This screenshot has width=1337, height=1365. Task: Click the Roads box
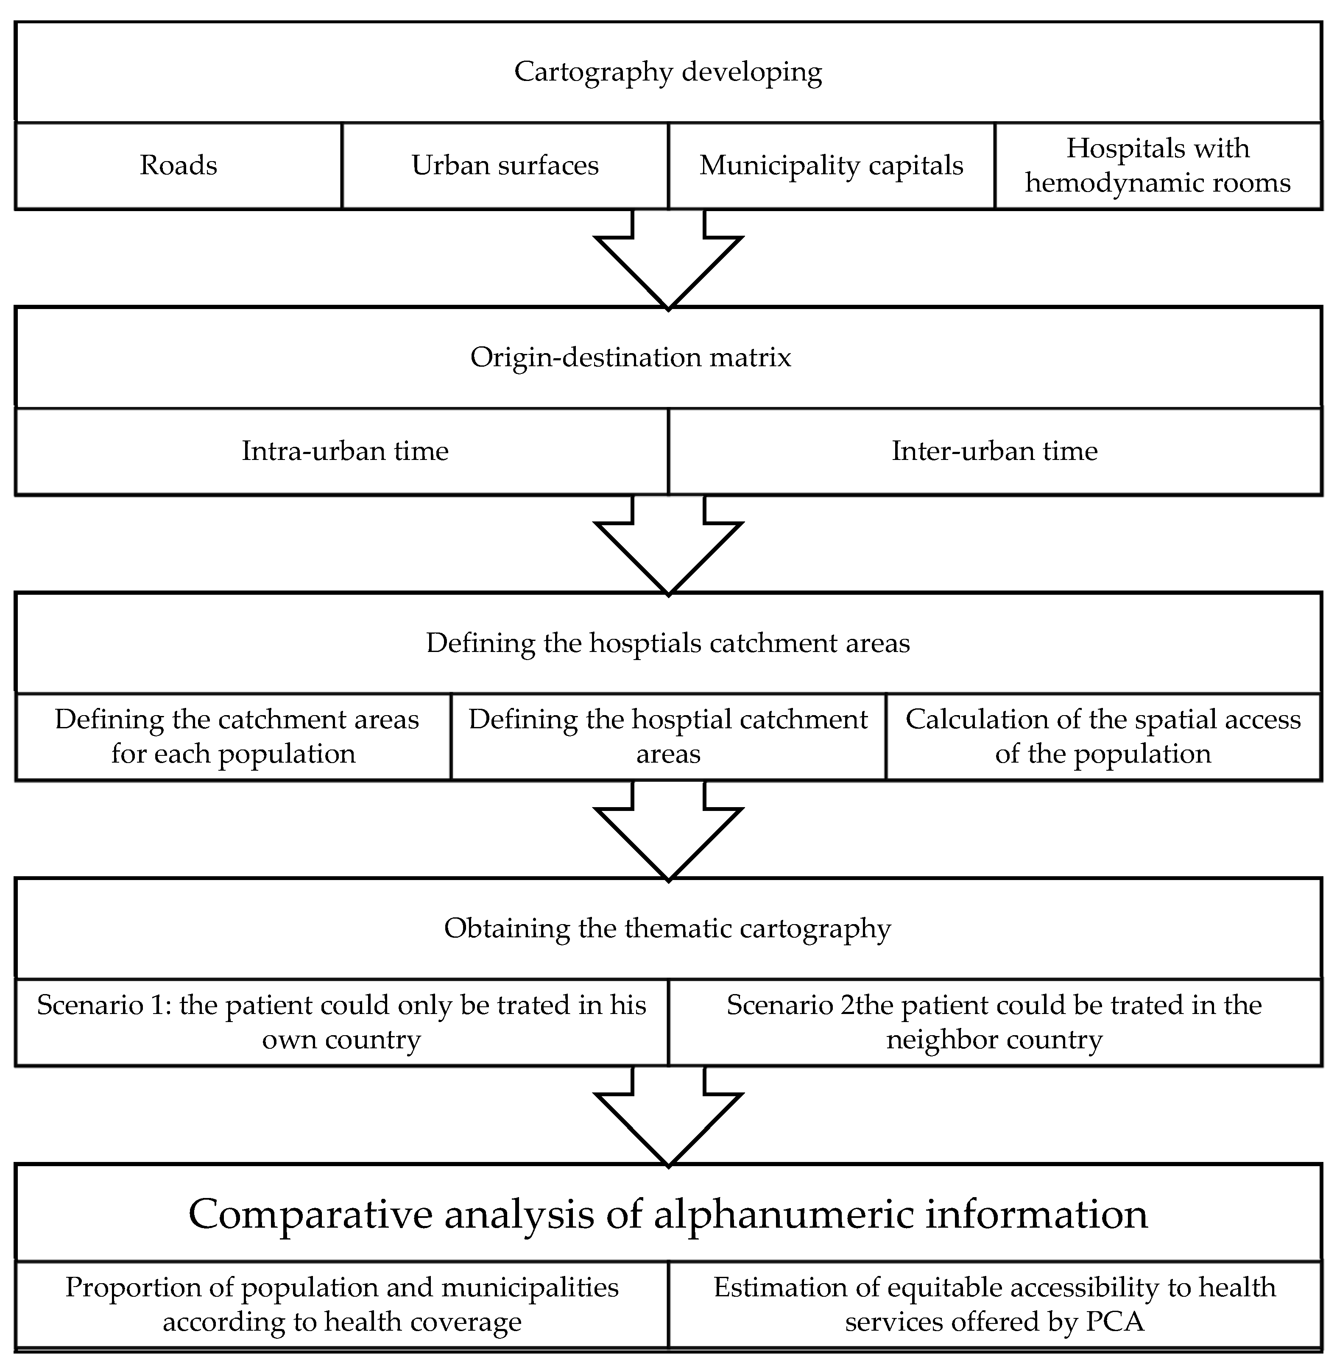pyautogui.click(x=179, y=166)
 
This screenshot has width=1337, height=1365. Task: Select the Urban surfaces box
pyautogui.click(x=505, y=166)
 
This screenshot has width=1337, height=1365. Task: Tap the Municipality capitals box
pyautogui.click(x=832, y=166)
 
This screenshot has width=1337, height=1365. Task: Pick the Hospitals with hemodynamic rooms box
pyautogui.click(x=1158, y=166)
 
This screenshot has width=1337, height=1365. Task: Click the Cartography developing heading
pyautogui.click(x=668, y=72)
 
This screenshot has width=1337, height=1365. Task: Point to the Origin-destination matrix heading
pyautogui.click(x=631, y=357)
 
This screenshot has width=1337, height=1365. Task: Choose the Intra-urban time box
pyautogui.click(x=345, y=451)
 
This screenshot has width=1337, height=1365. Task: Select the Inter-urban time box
pyautogui.click(x=994, y=451)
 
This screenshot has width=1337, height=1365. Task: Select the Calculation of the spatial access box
pyautogui.click(x=1103, y=737)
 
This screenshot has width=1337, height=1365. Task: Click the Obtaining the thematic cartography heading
pyautogui.click(x=668, y=928)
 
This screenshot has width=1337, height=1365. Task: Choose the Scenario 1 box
pyautogui.click(x=341, y=1022)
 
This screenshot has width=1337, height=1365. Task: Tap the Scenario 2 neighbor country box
pyautogui.click(x=994, y=1022)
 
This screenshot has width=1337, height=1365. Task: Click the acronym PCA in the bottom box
pyautogui.click(x=1115, y=1321)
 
